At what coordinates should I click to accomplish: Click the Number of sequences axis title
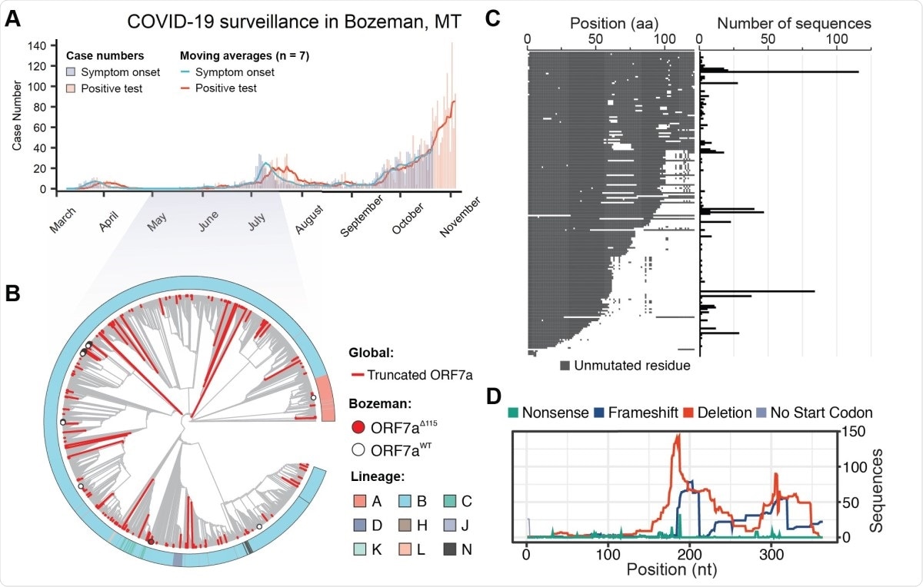(793, 23)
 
